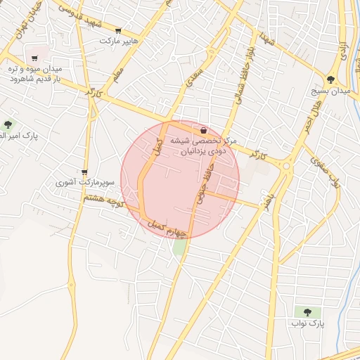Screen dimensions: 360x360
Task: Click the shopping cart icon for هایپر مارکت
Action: pos(117,31)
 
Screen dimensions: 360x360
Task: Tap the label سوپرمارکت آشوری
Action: pos(84,182)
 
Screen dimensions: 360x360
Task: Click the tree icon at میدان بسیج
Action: pos(330,79)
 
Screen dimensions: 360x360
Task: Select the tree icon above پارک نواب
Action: pos(307,311)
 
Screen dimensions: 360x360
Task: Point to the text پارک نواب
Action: pos(307,324)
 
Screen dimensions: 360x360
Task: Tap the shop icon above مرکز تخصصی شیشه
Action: pos(203,130)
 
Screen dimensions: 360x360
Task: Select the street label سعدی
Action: pos(195,79)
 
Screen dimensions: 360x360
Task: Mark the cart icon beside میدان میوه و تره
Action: pos(34,58)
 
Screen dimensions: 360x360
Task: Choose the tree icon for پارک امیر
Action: pos(8,124)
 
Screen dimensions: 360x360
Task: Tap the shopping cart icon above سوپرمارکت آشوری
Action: pos(84,172)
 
